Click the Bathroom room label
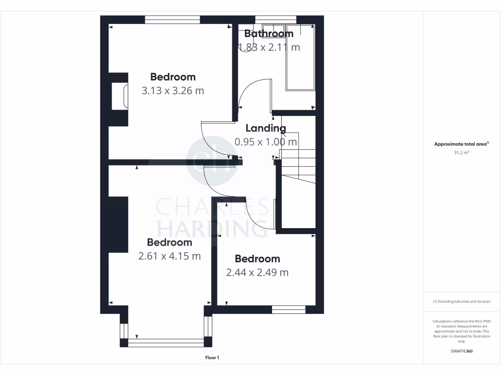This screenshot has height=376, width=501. tap(269, 34)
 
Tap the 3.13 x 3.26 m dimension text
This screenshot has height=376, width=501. tap(173, 91)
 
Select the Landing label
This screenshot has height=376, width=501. tap(266, 128)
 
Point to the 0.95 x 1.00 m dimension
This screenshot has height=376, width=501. tap(266, 142)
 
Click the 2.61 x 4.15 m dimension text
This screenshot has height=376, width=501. tap(169, 256)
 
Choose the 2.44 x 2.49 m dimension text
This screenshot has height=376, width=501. tap(257, 273)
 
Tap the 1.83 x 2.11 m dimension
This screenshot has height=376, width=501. tap(269, 47)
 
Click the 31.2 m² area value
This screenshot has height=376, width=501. tap(462, 153)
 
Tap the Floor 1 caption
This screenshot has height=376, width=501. tap(212, 358)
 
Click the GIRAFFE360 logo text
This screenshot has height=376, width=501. tap(462, 352)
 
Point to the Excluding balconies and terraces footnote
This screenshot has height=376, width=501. tap(461, 302)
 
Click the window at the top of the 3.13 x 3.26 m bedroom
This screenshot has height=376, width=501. tap(173, 20)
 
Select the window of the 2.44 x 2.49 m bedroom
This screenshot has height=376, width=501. tap(289, 309)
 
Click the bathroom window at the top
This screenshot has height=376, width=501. tap(275, 20)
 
